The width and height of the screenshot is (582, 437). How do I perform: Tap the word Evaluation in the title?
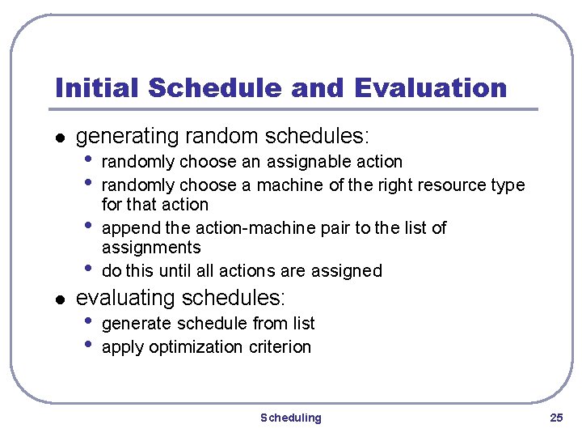pyautogui.click(x=432, y=87)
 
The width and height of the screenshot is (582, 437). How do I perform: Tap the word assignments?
pyautogui.click(x=151, y=248)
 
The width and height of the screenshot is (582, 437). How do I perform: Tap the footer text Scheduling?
pyautogui.click(x=290, y=418)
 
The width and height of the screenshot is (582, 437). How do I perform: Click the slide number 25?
pyautogui.click(x=555, y=418)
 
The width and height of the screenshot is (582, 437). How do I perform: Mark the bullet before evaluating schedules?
pyautogui.click(x=58, y=300)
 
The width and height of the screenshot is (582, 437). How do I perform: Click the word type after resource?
pyautogui.click(x=508, y=185)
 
